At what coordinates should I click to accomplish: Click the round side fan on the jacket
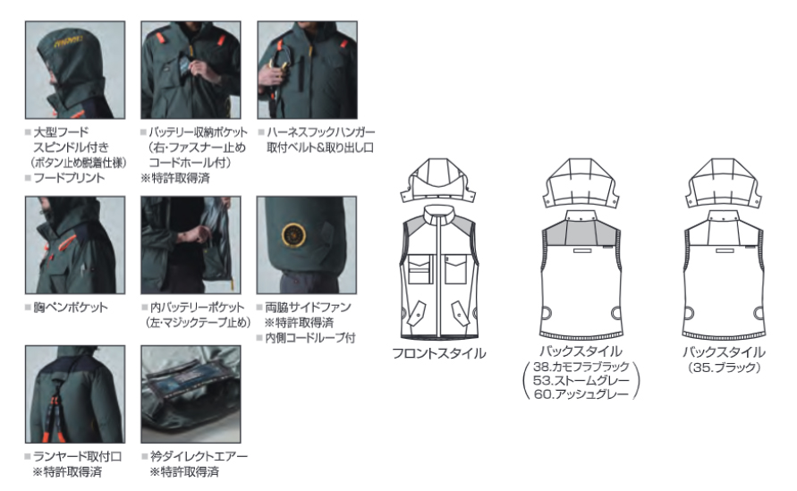[x=294, y=235]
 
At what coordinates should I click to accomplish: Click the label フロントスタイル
[x=439, y=353]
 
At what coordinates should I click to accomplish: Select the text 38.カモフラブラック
[x=581, y=367]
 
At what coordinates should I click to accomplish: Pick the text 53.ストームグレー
[x=581, y=380]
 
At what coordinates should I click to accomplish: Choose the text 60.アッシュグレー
[x=581, y=394]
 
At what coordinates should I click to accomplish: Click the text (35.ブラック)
[x=724, y=367]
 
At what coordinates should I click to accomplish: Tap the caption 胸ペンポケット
[x=70, y=307]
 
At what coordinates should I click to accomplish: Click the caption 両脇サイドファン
[x=308, y=307]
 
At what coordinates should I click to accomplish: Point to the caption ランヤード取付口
[x=77, y=456]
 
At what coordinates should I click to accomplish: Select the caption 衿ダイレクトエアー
[x=199, y=456]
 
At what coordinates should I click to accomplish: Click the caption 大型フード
[x=61, y=132]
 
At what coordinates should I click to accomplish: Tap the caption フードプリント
[x=69, y=178]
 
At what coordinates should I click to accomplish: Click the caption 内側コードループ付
[x=310, y=337]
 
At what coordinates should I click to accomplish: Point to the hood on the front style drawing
[x=438, y=181]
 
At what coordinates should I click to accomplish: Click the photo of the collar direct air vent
[x=191, y=394]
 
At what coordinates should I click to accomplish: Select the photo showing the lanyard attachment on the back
[x=75, y=394]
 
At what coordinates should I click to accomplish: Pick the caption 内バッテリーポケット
[x=197, y=307]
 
